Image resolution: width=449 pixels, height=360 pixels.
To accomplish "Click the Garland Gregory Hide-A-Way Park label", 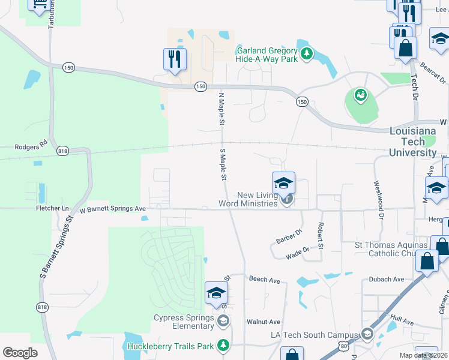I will click(268, 55).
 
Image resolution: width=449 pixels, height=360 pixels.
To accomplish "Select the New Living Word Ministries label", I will click(258, 199).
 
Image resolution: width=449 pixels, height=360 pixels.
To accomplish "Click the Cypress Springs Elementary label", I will click(184, 322).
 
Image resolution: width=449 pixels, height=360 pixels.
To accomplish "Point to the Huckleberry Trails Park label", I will click(170, 346).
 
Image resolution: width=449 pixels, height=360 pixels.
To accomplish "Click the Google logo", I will click(20, 353).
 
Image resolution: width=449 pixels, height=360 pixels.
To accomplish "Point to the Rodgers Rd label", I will click(31, 146).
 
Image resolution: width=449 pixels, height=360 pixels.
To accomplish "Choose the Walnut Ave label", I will click(264, 322).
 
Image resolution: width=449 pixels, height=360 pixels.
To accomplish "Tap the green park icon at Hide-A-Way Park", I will click(307, 55).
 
